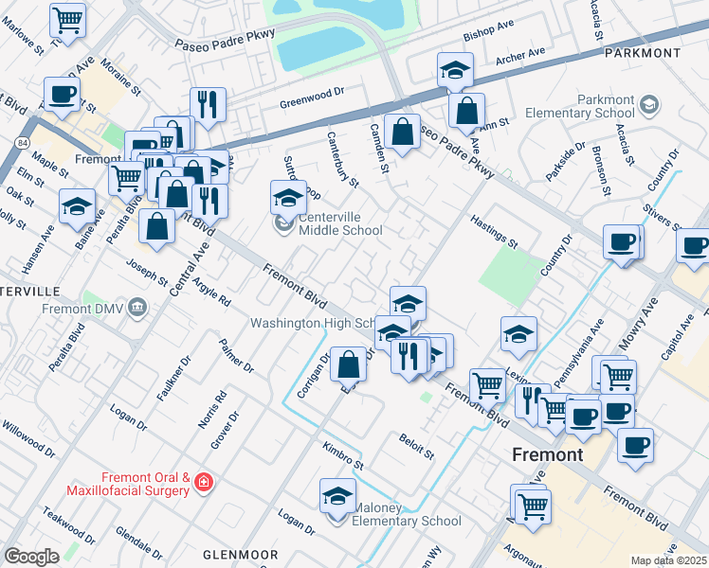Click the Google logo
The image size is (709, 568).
click(31, 557)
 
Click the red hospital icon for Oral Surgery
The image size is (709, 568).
click(202, 484)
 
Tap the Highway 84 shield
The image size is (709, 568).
click(21, 142)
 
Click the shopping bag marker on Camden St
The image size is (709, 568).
click(403, 133)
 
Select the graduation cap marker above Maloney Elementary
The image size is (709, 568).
click(337, 495)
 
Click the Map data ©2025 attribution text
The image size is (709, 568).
click(668, 560)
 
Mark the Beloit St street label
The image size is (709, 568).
click(416, 448)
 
